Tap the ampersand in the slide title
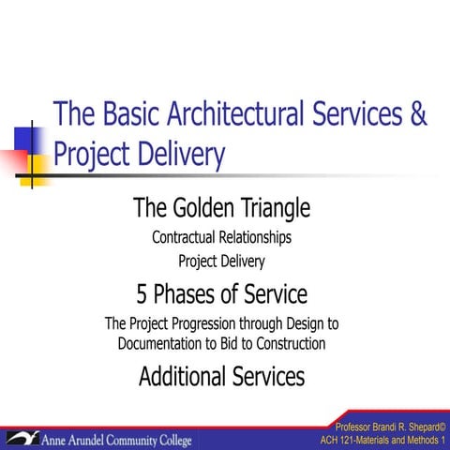416,114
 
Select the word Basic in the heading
123,114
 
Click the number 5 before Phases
142,294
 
